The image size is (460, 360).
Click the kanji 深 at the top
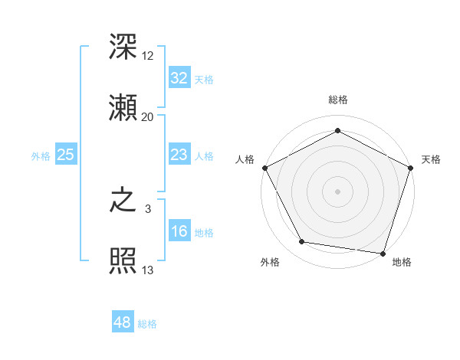123,47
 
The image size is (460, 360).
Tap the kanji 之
123,203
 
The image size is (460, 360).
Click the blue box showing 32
179,78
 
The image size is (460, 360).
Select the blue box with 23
179,155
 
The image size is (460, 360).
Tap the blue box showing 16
179,231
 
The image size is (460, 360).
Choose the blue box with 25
65,155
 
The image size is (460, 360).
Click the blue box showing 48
123,322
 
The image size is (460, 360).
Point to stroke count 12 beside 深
148,57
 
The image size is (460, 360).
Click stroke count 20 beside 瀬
148,116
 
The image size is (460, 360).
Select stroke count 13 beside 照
148,270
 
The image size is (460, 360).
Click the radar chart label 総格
337,100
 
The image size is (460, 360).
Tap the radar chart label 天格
431,159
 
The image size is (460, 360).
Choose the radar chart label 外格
270,262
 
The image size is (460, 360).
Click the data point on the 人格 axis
264,167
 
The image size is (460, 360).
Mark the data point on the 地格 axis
383,253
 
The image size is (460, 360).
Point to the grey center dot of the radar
337,191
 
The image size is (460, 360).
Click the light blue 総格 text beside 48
147,324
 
